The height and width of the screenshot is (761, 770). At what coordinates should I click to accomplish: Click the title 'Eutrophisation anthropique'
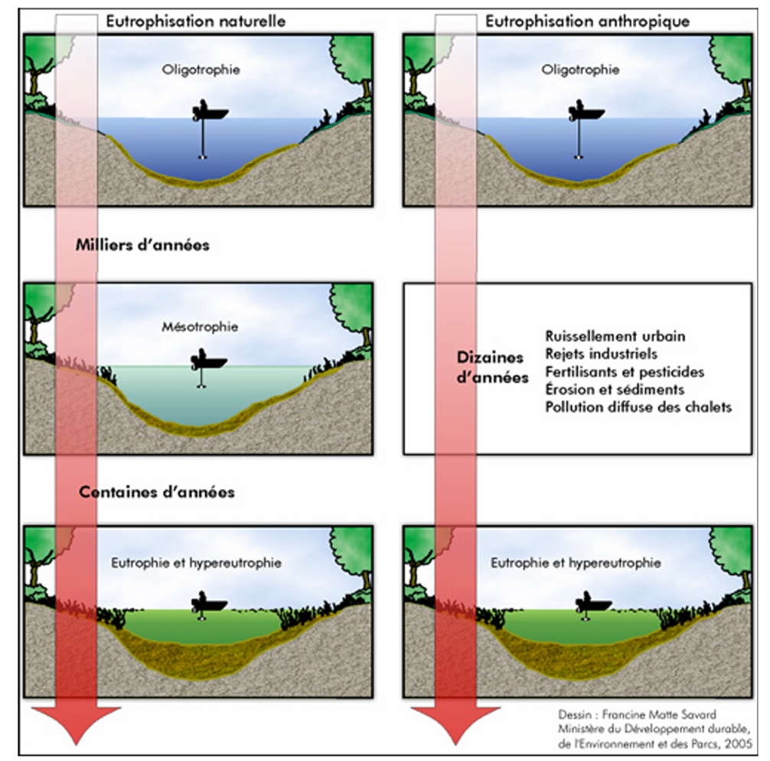pyautogui.click(x=587, y=21)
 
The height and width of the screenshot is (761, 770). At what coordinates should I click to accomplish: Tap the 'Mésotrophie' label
pyautogui.click(x=200, y=327)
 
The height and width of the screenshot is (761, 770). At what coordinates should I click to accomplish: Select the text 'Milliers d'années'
pyautogui.click(x=142, y=246)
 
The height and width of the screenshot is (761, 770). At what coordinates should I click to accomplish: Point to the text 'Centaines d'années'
pyautogui.click(x=157, y=492)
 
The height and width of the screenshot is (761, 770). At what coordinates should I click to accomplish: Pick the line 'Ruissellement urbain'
pyautogui.click(x=615, y=336)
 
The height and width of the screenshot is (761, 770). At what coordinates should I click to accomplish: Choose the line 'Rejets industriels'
pyautogui.click(x=602, y=354)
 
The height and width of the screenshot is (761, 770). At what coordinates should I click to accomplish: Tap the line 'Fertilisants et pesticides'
pyautogui.click(x=625, y=371)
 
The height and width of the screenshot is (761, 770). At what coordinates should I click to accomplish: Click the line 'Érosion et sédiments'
pyautogui.click(x=615, y=389)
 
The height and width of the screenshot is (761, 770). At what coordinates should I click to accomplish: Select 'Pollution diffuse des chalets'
pyautogui.click(x=638, y=407)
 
